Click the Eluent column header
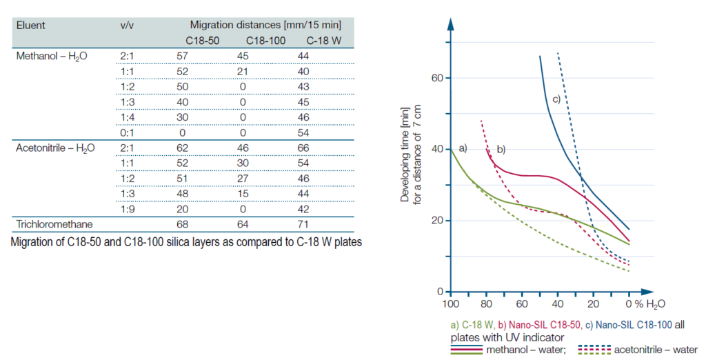point(30,25)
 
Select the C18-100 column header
point(265,40)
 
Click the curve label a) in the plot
point(463,147)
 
